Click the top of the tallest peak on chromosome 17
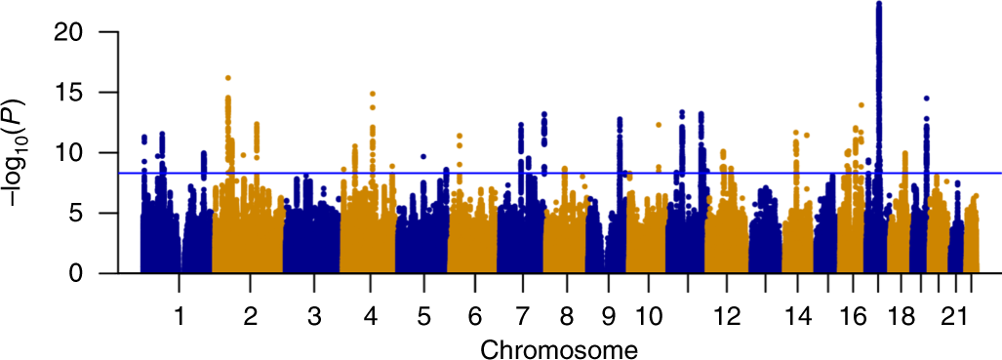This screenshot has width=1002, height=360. (x=879, y=4)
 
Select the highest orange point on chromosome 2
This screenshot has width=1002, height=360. (x=227, y=78)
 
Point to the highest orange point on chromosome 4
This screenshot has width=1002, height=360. (x=372, y=94)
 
